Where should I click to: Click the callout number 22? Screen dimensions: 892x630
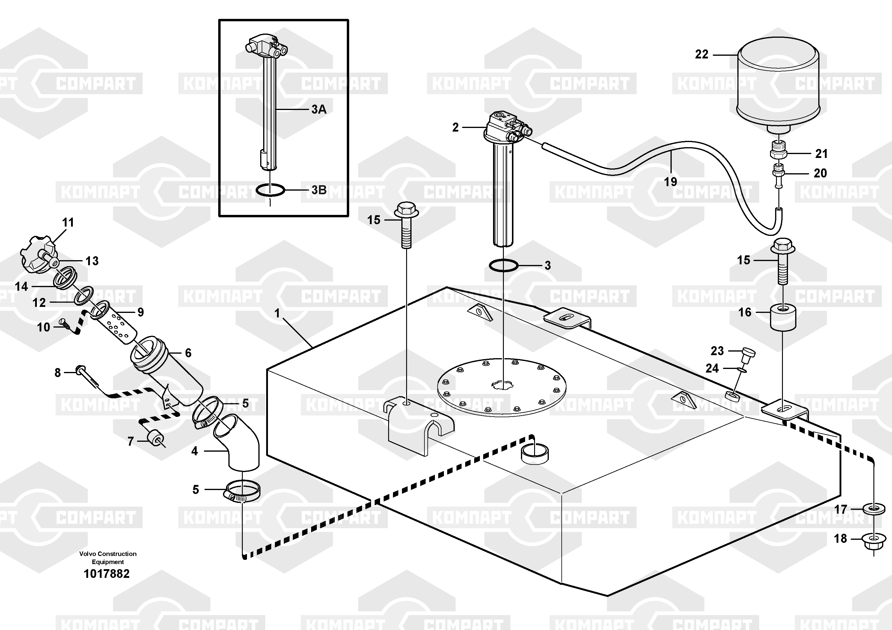coord(702,54)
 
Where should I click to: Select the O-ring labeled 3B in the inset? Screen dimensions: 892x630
coord(270,190)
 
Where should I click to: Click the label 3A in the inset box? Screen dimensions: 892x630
coord(319,109)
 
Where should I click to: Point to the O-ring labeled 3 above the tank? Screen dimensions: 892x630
coord(504,266)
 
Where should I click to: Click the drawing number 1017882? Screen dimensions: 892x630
coord(106,574)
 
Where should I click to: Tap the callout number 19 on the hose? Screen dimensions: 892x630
coord(670,181)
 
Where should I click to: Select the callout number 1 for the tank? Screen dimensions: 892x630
coord(277,313)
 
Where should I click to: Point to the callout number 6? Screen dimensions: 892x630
coord(188,353)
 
